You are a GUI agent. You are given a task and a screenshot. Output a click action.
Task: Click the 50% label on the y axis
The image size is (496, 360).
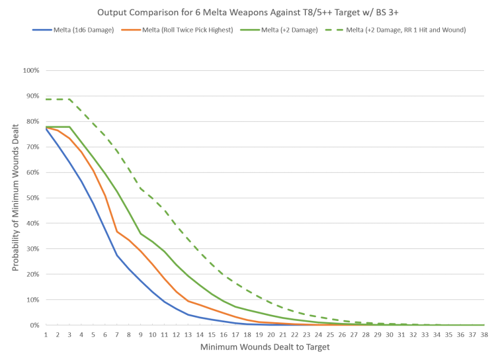click(x=32, y=197)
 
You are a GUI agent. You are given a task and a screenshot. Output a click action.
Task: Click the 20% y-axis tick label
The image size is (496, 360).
click(x=32, y=274)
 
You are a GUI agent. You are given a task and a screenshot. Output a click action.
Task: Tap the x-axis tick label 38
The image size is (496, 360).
click(x=485, y=335)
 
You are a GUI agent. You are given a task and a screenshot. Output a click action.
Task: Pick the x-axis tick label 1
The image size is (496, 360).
click(x=46, y=335)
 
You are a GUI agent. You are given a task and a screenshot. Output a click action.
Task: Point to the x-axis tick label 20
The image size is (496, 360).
click(x=271, y=335)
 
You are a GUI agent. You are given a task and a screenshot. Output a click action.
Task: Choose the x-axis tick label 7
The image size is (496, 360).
click(x=117, y=335)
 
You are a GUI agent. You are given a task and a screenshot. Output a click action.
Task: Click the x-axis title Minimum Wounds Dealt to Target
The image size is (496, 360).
click(x=265, y=347)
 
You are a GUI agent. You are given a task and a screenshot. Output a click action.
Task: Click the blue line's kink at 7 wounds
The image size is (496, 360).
click(x=117, y=255)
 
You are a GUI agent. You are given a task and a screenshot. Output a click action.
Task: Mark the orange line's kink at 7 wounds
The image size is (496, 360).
click(x=117, y=231)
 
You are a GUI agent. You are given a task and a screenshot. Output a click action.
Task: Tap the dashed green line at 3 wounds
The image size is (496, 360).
click(x=69, y=99)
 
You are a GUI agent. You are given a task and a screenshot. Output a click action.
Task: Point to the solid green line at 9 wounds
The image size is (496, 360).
click(x=141, y=234)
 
